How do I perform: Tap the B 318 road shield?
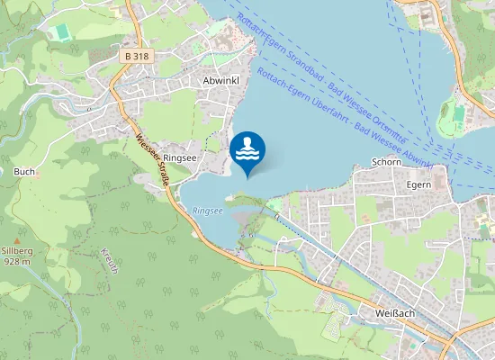click(x=137, y=56)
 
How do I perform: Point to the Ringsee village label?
click(x=180, y=157)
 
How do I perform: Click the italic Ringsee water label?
click(x=207, y=211)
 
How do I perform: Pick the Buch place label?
click(x=23, y=171)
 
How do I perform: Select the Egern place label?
click(x=419, y=184)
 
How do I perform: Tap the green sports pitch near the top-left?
click(x=60, y=31)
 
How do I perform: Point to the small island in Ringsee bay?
click(x=232, y=195)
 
